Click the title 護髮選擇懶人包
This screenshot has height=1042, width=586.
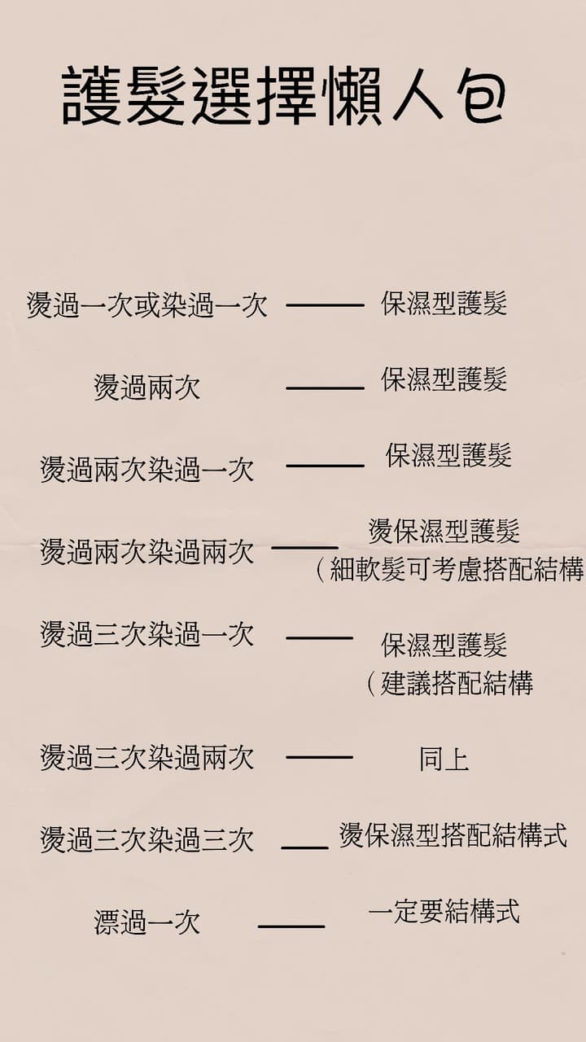coord(284,95)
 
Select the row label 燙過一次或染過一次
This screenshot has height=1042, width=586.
coord(147,305)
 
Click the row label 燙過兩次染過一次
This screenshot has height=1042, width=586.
coord(147,470)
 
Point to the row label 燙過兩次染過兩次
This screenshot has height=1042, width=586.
coord(147,552)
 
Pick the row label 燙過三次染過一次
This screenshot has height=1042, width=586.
coord(147,634)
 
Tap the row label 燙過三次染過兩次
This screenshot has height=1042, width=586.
coord(147,758)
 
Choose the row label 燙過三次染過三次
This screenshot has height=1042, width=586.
coord(147,839)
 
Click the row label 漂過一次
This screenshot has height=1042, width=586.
coord(147,922)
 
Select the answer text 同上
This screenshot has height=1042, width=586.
coord(444,760)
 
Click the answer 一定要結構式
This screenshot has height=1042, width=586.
coord(444,910)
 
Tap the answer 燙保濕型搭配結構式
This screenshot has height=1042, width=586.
coord(453,835)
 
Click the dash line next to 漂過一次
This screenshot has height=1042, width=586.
coord(291,926)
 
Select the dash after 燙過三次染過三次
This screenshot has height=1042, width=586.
coord(304,847)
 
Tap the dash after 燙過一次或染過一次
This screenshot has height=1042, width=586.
coord(325,305)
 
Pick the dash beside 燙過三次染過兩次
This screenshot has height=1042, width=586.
coord(320,757)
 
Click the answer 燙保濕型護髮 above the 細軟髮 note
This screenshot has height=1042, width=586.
coord(444,531)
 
